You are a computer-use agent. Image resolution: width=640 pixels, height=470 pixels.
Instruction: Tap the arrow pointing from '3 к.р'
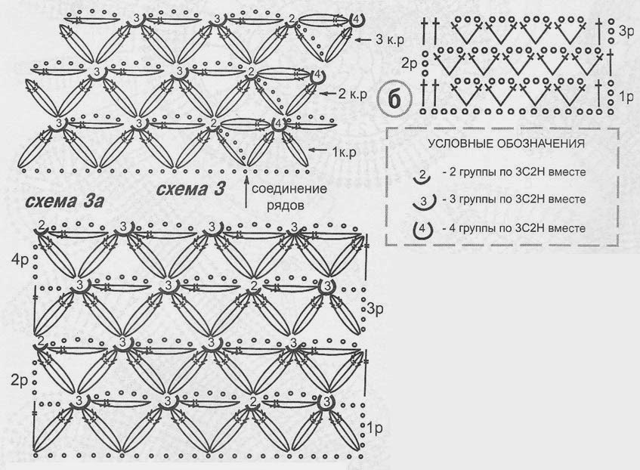(363, 39)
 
